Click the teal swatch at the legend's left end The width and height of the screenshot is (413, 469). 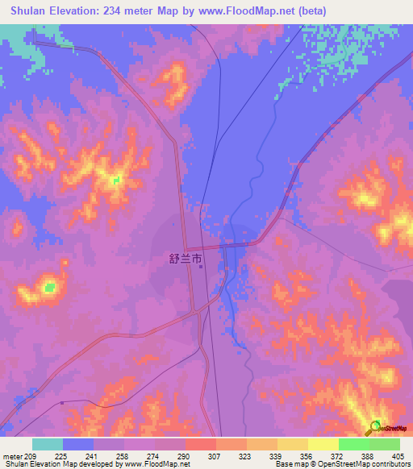pos(48,444)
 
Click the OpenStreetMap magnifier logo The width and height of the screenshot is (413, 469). pos(377,427)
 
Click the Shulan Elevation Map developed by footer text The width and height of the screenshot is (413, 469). pos(60,464)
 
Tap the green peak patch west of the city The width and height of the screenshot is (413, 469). pos(49,286)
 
